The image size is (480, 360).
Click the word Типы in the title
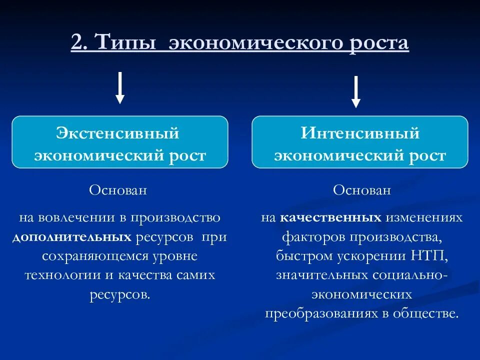click(122, 43)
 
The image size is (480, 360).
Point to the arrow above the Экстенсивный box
click(119, 87)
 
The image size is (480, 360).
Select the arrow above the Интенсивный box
click(355, 91)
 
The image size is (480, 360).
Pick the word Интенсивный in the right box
click(360, 133)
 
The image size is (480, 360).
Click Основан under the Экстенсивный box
click(118, 190)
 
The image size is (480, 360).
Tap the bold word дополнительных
click(72, 237)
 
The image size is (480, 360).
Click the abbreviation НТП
click(429, 256)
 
